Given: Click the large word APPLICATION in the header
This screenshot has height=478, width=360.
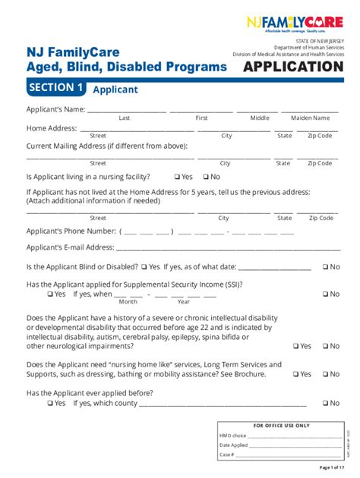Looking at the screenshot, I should [292, 67].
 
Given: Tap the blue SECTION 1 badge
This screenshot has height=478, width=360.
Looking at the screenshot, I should [55, 88].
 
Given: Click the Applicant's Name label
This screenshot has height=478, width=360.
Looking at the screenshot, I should [55, 108].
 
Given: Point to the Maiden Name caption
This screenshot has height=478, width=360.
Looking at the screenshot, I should [310, 118].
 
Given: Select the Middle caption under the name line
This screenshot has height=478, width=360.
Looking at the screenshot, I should [260, 118].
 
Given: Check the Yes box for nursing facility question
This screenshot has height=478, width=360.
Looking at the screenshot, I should [178, 177].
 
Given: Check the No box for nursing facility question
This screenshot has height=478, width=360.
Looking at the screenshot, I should [205, 177].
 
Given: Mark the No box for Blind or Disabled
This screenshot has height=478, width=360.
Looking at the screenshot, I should [325, 267].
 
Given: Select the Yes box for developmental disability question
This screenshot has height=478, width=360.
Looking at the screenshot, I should [296, 346].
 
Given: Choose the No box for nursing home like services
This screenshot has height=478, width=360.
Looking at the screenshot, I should [325, 374].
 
